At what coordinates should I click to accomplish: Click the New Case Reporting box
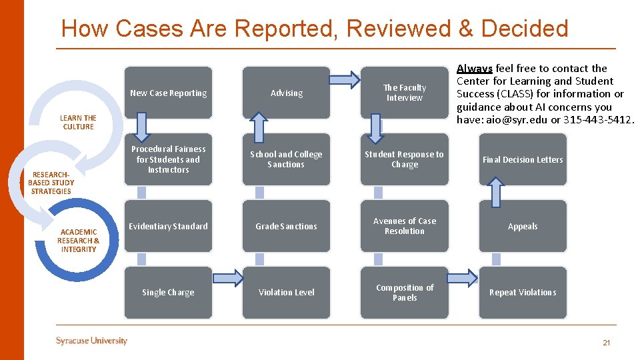(168, 93)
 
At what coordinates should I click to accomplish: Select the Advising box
(286, 93)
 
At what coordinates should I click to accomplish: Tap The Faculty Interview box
(405, 93)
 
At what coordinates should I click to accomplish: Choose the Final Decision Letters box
(523, 159)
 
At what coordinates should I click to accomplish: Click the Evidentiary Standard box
(168, 226)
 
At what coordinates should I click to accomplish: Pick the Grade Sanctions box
(286, 226)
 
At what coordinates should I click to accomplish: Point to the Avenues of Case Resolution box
(405, 226)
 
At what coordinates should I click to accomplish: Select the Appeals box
(523, 226)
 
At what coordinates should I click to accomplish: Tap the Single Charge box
(168, 292)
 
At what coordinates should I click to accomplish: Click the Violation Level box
(286, 292)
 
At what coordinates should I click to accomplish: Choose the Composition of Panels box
(405, 292)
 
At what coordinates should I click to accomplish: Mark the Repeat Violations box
(523, 292)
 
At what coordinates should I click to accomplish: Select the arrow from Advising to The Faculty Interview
(345, 81)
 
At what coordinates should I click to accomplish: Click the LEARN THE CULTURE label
(78, 123)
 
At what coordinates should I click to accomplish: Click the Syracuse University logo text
(91, 341)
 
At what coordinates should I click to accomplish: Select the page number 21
(606, 343)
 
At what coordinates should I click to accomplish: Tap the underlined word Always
(475, 68)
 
